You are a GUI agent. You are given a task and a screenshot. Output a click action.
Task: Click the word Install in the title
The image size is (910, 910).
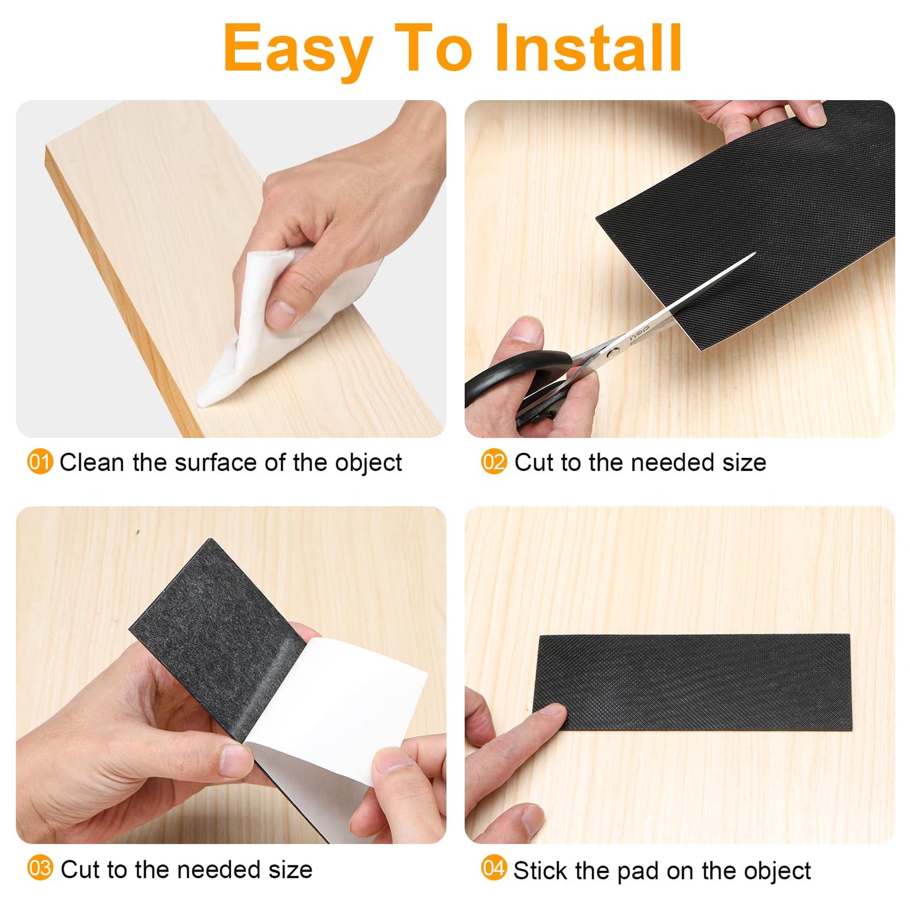pos(589,48)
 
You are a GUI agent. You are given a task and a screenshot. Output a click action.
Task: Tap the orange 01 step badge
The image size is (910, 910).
pos(40,462)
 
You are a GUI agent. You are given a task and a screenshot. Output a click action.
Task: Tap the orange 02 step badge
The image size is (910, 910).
pos(494,462)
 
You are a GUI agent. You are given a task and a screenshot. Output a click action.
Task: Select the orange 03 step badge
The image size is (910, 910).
pos(40,869)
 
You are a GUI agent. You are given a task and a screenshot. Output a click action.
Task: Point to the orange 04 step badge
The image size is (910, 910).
pos(494,869)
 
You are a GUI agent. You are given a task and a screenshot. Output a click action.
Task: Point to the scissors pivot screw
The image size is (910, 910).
pos(610,353)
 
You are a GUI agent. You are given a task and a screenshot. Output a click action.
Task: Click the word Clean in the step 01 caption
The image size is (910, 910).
pos(92,463)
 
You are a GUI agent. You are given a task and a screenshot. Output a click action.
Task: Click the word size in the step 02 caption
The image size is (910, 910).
pos(744,463)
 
